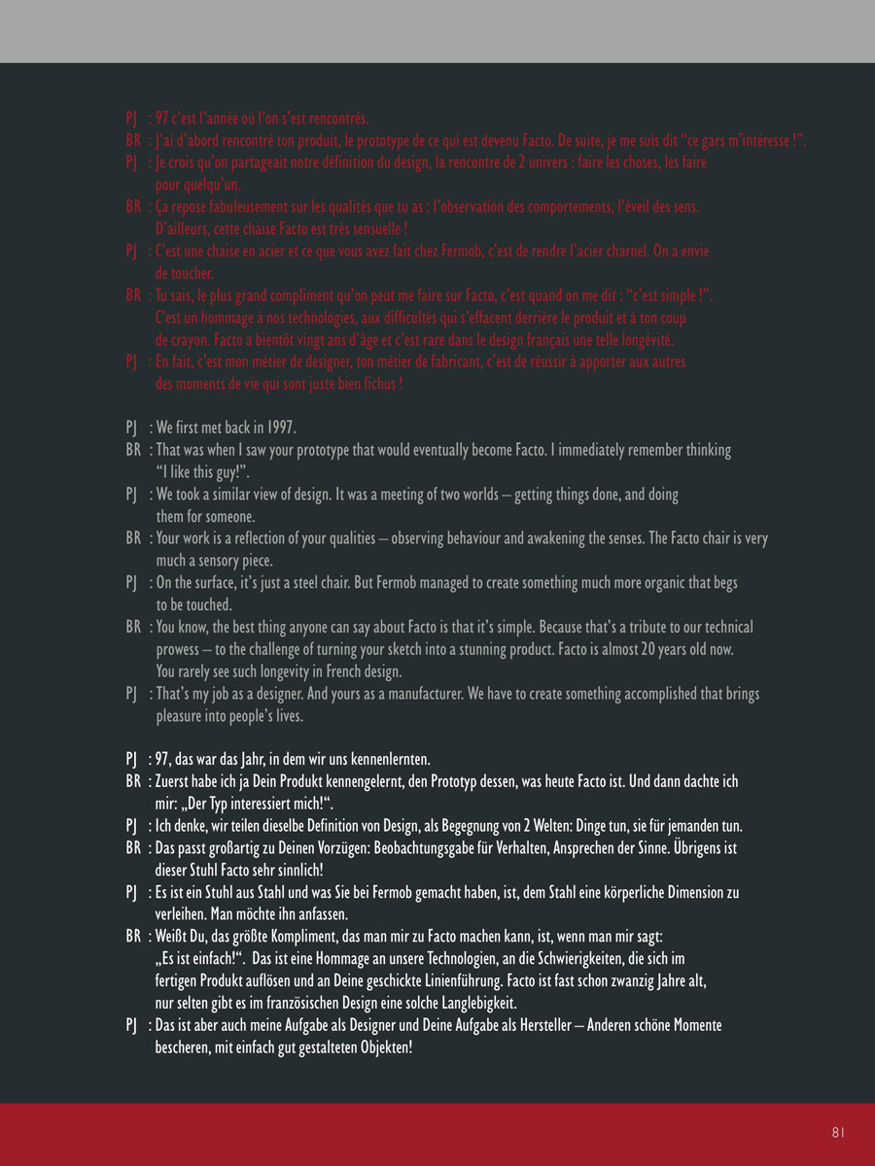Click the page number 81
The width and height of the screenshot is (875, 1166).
click(838, 1132)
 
